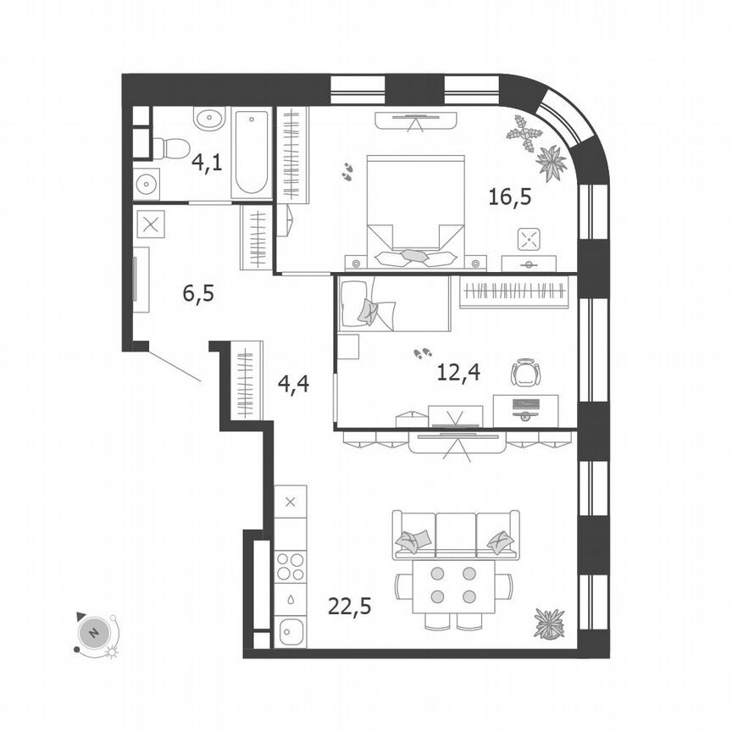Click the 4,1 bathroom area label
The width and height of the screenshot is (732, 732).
point(206,162)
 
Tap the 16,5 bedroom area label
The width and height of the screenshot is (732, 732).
point(508,197)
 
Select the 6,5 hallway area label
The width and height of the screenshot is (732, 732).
point(198,294)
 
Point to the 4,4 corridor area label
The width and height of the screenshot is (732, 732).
point(293,383)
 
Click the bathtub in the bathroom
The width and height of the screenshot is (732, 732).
point(251,153)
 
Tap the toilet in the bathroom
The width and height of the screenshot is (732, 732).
point(172,149)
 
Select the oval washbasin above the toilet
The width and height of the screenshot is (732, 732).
point(208,119)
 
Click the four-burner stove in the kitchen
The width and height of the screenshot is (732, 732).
point(291,566)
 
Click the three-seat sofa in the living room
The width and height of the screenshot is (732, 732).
point(455,535)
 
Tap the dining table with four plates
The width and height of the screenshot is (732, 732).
point(453,585)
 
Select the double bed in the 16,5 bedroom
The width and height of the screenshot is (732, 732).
point(415,208)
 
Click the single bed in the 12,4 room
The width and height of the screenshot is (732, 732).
point(393,303)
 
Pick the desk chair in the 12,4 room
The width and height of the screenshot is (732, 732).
point(525,373)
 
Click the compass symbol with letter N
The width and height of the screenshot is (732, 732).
point(96,632)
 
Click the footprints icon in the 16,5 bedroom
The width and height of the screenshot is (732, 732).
point(348,172)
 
